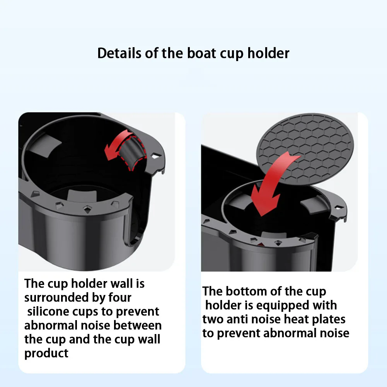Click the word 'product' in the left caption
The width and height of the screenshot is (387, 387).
click(46, 353)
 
